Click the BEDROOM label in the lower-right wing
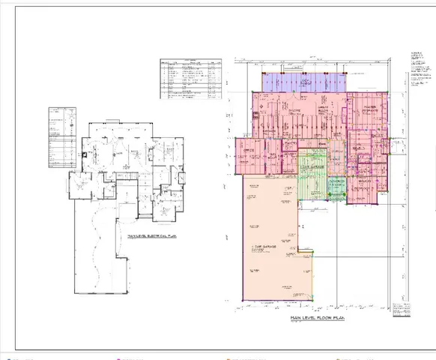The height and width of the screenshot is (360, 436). point(366,180)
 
